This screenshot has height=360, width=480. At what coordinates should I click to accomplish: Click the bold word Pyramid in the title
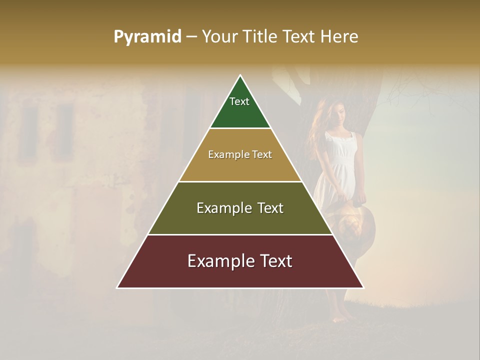point(147,36)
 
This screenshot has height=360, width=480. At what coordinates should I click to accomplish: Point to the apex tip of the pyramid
point(240,76)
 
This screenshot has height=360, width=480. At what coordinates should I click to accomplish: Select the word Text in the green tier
point(239,101)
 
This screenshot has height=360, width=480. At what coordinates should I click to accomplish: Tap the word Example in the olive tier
point(223,208)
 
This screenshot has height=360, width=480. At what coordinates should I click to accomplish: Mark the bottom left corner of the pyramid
point(117,287)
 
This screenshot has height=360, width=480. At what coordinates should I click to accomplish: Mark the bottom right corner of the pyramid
point(363,287)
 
